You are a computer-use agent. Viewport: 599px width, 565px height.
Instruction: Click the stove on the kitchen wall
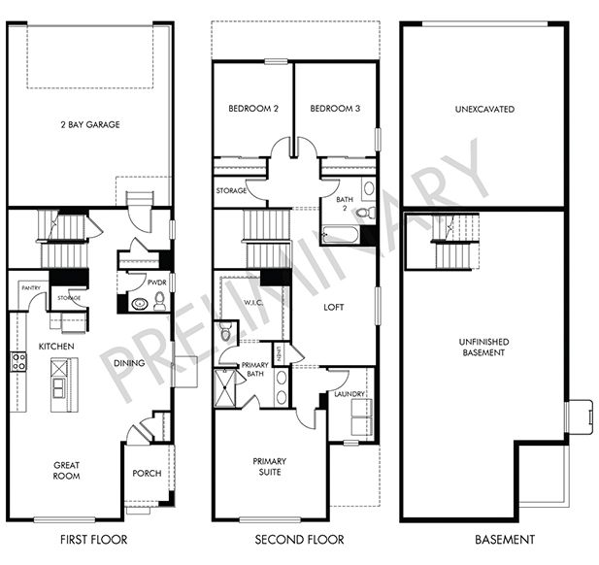[17, 363]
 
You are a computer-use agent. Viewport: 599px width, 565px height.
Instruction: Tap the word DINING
[128, 363]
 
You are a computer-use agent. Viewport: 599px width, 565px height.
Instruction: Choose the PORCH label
[146, 474]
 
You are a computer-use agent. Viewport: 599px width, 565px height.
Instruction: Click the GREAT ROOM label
[67, 470]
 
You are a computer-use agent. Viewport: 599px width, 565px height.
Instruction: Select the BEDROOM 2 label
[253, 109]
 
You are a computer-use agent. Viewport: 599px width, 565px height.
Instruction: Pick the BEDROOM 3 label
[335, 109]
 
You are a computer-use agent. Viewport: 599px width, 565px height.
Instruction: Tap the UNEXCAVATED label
[483, 109]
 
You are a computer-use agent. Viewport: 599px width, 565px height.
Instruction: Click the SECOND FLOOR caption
[295, 540]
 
